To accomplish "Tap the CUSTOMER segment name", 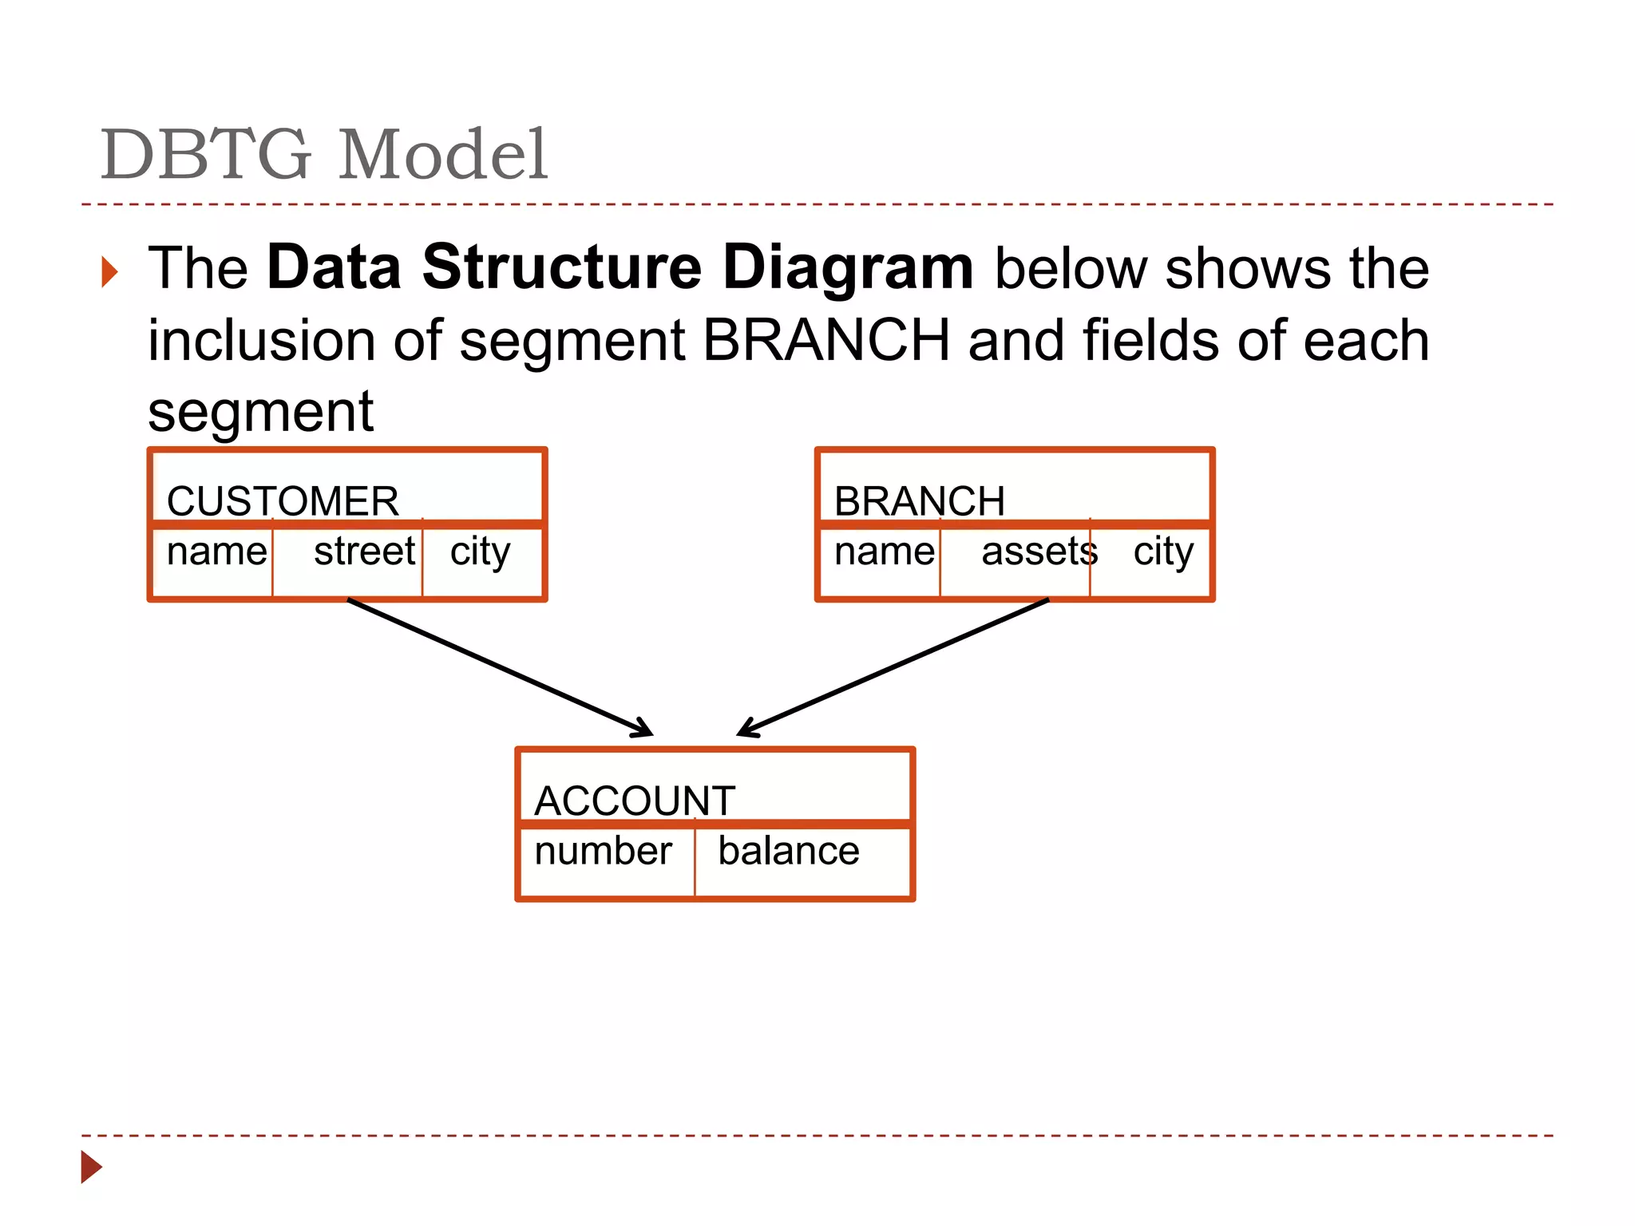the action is click(283, 501).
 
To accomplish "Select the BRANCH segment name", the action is click(919, 501).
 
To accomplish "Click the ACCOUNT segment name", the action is click(635, 801).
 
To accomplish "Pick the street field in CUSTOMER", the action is click(364, 552).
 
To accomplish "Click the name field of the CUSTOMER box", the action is click(216, 552).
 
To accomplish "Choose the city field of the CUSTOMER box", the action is click(480, 552).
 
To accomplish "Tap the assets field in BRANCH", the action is click(1039, 552).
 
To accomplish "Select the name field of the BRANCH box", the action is click(884, 552).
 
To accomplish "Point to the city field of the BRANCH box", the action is click(1163, 552).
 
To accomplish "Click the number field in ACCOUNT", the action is click(603, 851).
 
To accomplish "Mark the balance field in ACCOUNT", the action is click(788, 851).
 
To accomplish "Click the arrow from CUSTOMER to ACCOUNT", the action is click(500, 667).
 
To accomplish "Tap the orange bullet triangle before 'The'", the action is click(110, 272).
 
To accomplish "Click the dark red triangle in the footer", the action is click(91, 1167).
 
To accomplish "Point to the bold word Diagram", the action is click(848, 267).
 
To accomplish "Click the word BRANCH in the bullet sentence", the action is click(826, 340).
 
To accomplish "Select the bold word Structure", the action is click(562, 267).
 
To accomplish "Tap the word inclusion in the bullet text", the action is click(261, 340).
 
